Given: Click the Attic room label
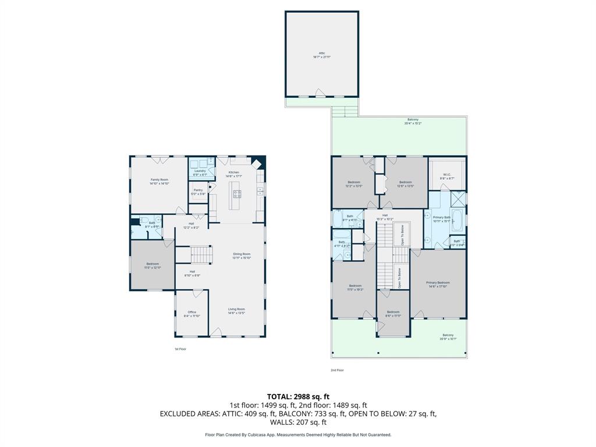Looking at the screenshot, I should click(x=322, y=55).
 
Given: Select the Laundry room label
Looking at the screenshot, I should click(x=200, y=172).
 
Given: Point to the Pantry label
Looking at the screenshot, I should click(x=198, y=191).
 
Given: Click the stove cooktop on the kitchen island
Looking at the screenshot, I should click(x=237, y=194).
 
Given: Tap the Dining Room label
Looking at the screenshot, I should click(x=242, y=256).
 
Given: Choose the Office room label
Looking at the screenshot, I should click(x=191, y=314).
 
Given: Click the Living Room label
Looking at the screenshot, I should click(x=236, y=311).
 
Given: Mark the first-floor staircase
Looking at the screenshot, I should click(x=199, y=255).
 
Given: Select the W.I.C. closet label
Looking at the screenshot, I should click(x=447, y=176).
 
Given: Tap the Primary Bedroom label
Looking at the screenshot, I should click(x=438, y=284).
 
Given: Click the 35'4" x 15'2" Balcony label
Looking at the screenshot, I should click(x=413, y=121).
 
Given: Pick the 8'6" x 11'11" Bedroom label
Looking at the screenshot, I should click(x=393, y=314).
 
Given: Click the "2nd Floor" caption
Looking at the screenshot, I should click(x=338, y=370).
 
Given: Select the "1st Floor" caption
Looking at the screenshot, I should click(x=180, y=349).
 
